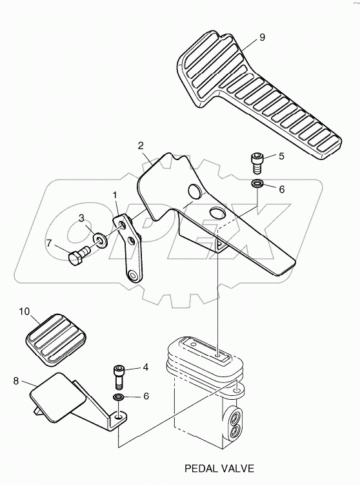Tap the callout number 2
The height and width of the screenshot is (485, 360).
[141, 145]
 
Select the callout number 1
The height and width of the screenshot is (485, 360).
[115, 194]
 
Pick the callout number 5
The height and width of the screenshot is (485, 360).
[281, 156]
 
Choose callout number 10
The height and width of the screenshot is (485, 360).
[24, 311]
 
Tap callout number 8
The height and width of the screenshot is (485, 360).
[15, 381]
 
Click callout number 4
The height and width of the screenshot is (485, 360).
[145, 367]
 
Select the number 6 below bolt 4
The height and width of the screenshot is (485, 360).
[145, 396]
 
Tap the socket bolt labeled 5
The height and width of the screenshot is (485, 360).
[257, 161]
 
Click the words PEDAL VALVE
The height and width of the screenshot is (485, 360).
[219, 468]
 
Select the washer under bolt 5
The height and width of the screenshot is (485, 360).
[257, 185]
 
